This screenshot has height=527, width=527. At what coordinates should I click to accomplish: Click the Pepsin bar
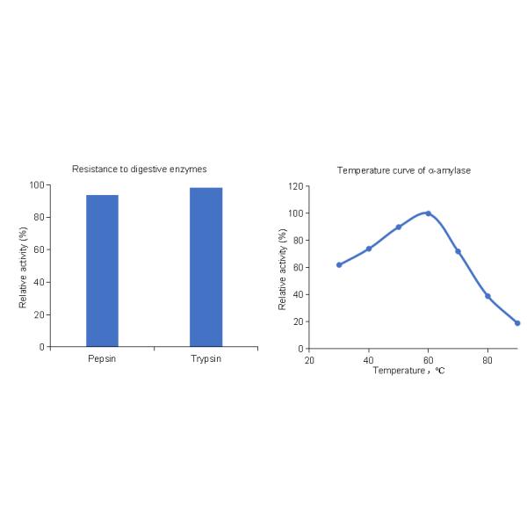coord(102,271)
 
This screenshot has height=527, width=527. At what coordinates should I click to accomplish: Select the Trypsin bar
coord(206,267)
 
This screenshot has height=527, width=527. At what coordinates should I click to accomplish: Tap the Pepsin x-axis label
coord(102,359)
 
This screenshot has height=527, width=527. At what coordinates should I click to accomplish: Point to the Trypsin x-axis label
coord(206,359)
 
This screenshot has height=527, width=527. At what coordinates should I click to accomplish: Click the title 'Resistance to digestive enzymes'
coord(140,168)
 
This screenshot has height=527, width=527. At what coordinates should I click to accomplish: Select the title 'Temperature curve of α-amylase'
coord(404,170)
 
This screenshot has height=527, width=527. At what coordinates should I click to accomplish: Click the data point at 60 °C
coord(428,213)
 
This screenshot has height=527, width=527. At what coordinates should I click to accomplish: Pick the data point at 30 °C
coord(339,264)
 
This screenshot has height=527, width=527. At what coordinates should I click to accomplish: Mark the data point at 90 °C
coord(517,322)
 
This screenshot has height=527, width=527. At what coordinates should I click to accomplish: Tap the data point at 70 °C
coord(458,251)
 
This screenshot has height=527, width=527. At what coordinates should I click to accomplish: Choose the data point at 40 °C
coord(369,249)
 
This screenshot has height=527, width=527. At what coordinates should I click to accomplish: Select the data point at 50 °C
coord(399,227)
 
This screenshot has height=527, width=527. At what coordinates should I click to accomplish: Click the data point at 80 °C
coord(487,296)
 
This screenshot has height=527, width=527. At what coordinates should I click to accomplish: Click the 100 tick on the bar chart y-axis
coord(36,185)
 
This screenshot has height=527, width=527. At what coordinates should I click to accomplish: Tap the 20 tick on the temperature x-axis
coord(309,359)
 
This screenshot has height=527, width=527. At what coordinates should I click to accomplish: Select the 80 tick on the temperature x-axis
coord(487,359)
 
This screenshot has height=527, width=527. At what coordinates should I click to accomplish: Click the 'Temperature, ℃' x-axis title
coord(408,371)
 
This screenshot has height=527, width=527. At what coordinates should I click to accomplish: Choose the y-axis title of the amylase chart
coord(282,268)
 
